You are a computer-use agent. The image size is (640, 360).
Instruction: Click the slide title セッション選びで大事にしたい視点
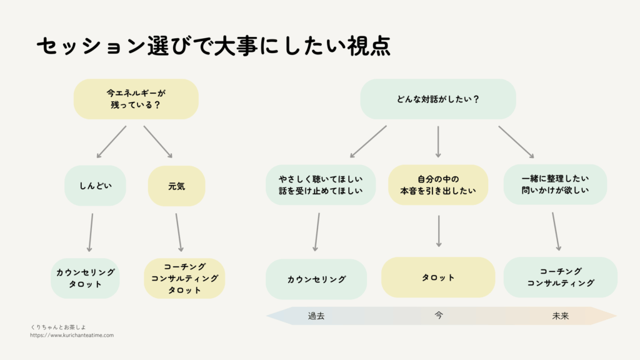pos(213,47)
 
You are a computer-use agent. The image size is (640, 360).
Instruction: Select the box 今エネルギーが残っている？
pos(136,99)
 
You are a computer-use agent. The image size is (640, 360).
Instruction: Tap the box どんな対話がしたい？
pos(438,99)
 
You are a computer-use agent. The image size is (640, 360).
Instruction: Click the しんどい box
pos(96,186)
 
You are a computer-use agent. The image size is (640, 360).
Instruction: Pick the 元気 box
pos(176,186)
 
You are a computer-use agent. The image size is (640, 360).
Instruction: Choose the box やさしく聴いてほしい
pos(321,184)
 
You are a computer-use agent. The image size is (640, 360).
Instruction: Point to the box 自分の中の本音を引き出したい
pos(438,184)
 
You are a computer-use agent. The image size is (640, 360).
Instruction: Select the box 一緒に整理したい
pos(555,184)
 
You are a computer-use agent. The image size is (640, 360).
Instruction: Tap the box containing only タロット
pos(438,277)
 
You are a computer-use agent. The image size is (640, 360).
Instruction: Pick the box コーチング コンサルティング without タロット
pos(560,277)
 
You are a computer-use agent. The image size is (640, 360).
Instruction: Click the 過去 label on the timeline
pos(316,316)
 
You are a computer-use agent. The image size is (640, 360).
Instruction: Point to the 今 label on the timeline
pos(438,316)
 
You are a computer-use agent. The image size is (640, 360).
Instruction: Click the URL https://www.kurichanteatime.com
pos(72,336)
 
